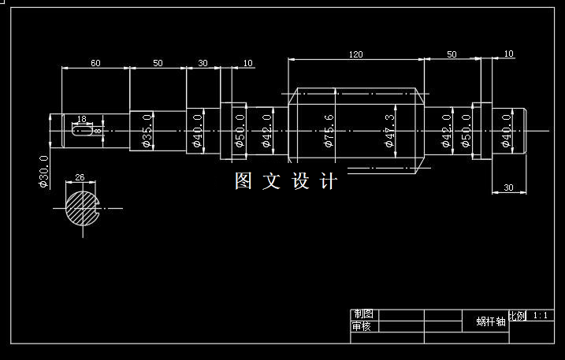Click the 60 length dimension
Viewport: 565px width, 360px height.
click(95, 62)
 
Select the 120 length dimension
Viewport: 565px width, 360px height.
click(355, 54)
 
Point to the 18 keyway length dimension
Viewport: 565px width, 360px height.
click(81, 119)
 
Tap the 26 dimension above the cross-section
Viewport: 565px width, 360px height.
click(80, 176)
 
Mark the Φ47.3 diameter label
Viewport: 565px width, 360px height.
click(389, 131)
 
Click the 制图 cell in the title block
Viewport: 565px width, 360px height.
click(362, 314)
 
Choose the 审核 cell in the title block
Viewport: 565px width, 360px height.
click(362, 326)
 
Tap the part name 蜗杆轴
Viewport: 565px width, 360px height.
click(490, 321)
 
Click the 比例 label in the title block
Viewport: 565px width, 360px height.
click(517, 316)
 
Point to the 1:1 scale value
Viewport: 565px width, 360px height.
click(541, 315)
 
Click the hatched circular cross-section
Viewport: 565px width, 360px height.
click(81, 208)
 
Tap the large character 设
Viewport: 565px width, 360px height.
click(300, 181)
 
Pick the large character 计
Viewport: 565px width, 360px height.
click(329, 181)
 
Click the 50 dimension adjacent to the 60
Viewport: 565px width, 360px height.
click(158, 62)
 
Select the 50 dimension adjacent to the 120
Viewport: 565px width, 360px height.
click(452, 54)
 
